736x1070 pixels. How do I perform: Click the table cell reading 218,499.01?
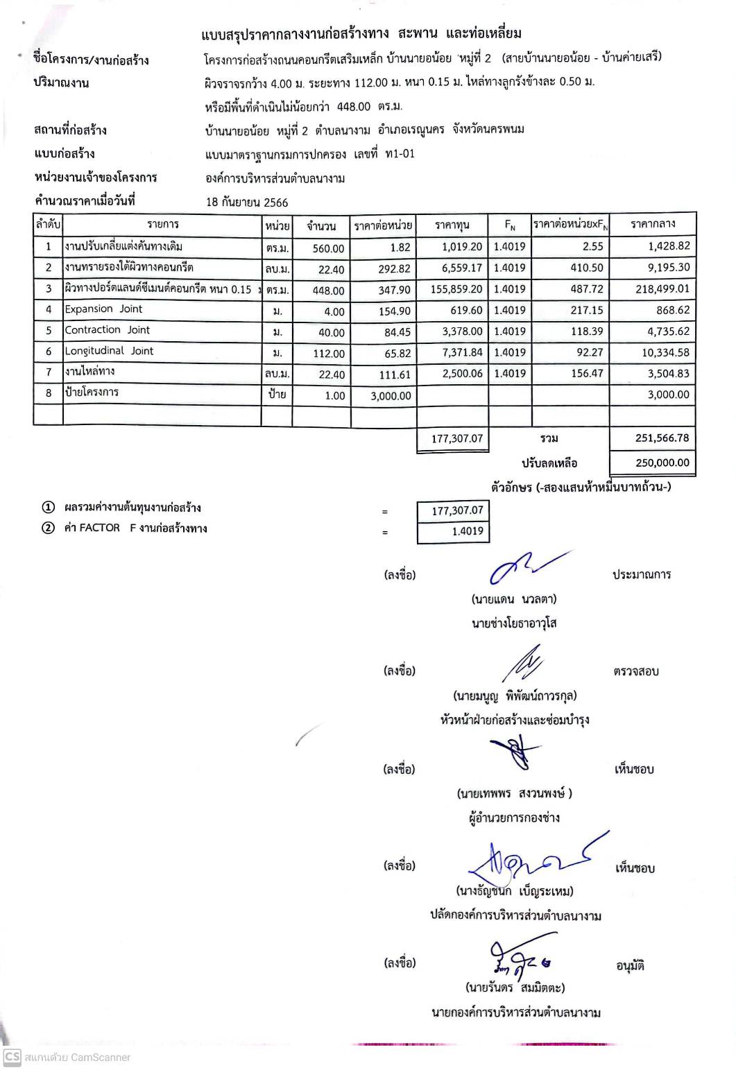click(x=662, y=289)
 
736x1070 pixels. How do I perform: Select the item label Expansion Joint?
click(x=103, y=309)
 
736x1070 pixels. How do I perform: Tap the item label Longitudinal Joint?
click(x=109, y=351)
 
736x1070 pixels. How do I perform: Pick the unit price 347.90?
click(x=394, y=290)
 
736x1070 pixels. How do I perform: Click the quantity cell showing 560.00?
click(x=328, y=248)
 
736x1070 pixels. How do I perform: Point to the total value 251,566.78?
click(x=662, y=438)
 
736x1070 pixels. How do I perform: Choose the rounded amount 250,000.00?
click(x=662, y=463)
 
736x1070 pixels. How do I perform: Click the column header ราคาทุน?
click(x=452, y=225)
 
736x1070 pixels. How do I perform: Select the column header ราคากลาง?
click(x=652, y=224)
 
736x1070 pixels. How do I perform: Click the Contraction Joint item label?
click(x=107, y=330)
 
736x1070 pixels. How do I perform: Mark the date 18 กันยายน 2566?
click(x=247, y=202)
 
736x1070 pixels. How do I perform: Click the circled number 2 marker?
click(x=48, y=528)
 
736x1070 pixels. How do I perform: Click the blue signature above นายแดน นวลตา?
click(x=527, y=567)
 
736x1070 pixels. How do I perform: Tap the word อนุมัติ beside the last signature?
click(x=630, y=965)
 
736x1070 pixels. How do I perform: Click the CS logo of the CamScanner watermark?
click(x=12, y=1057)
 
